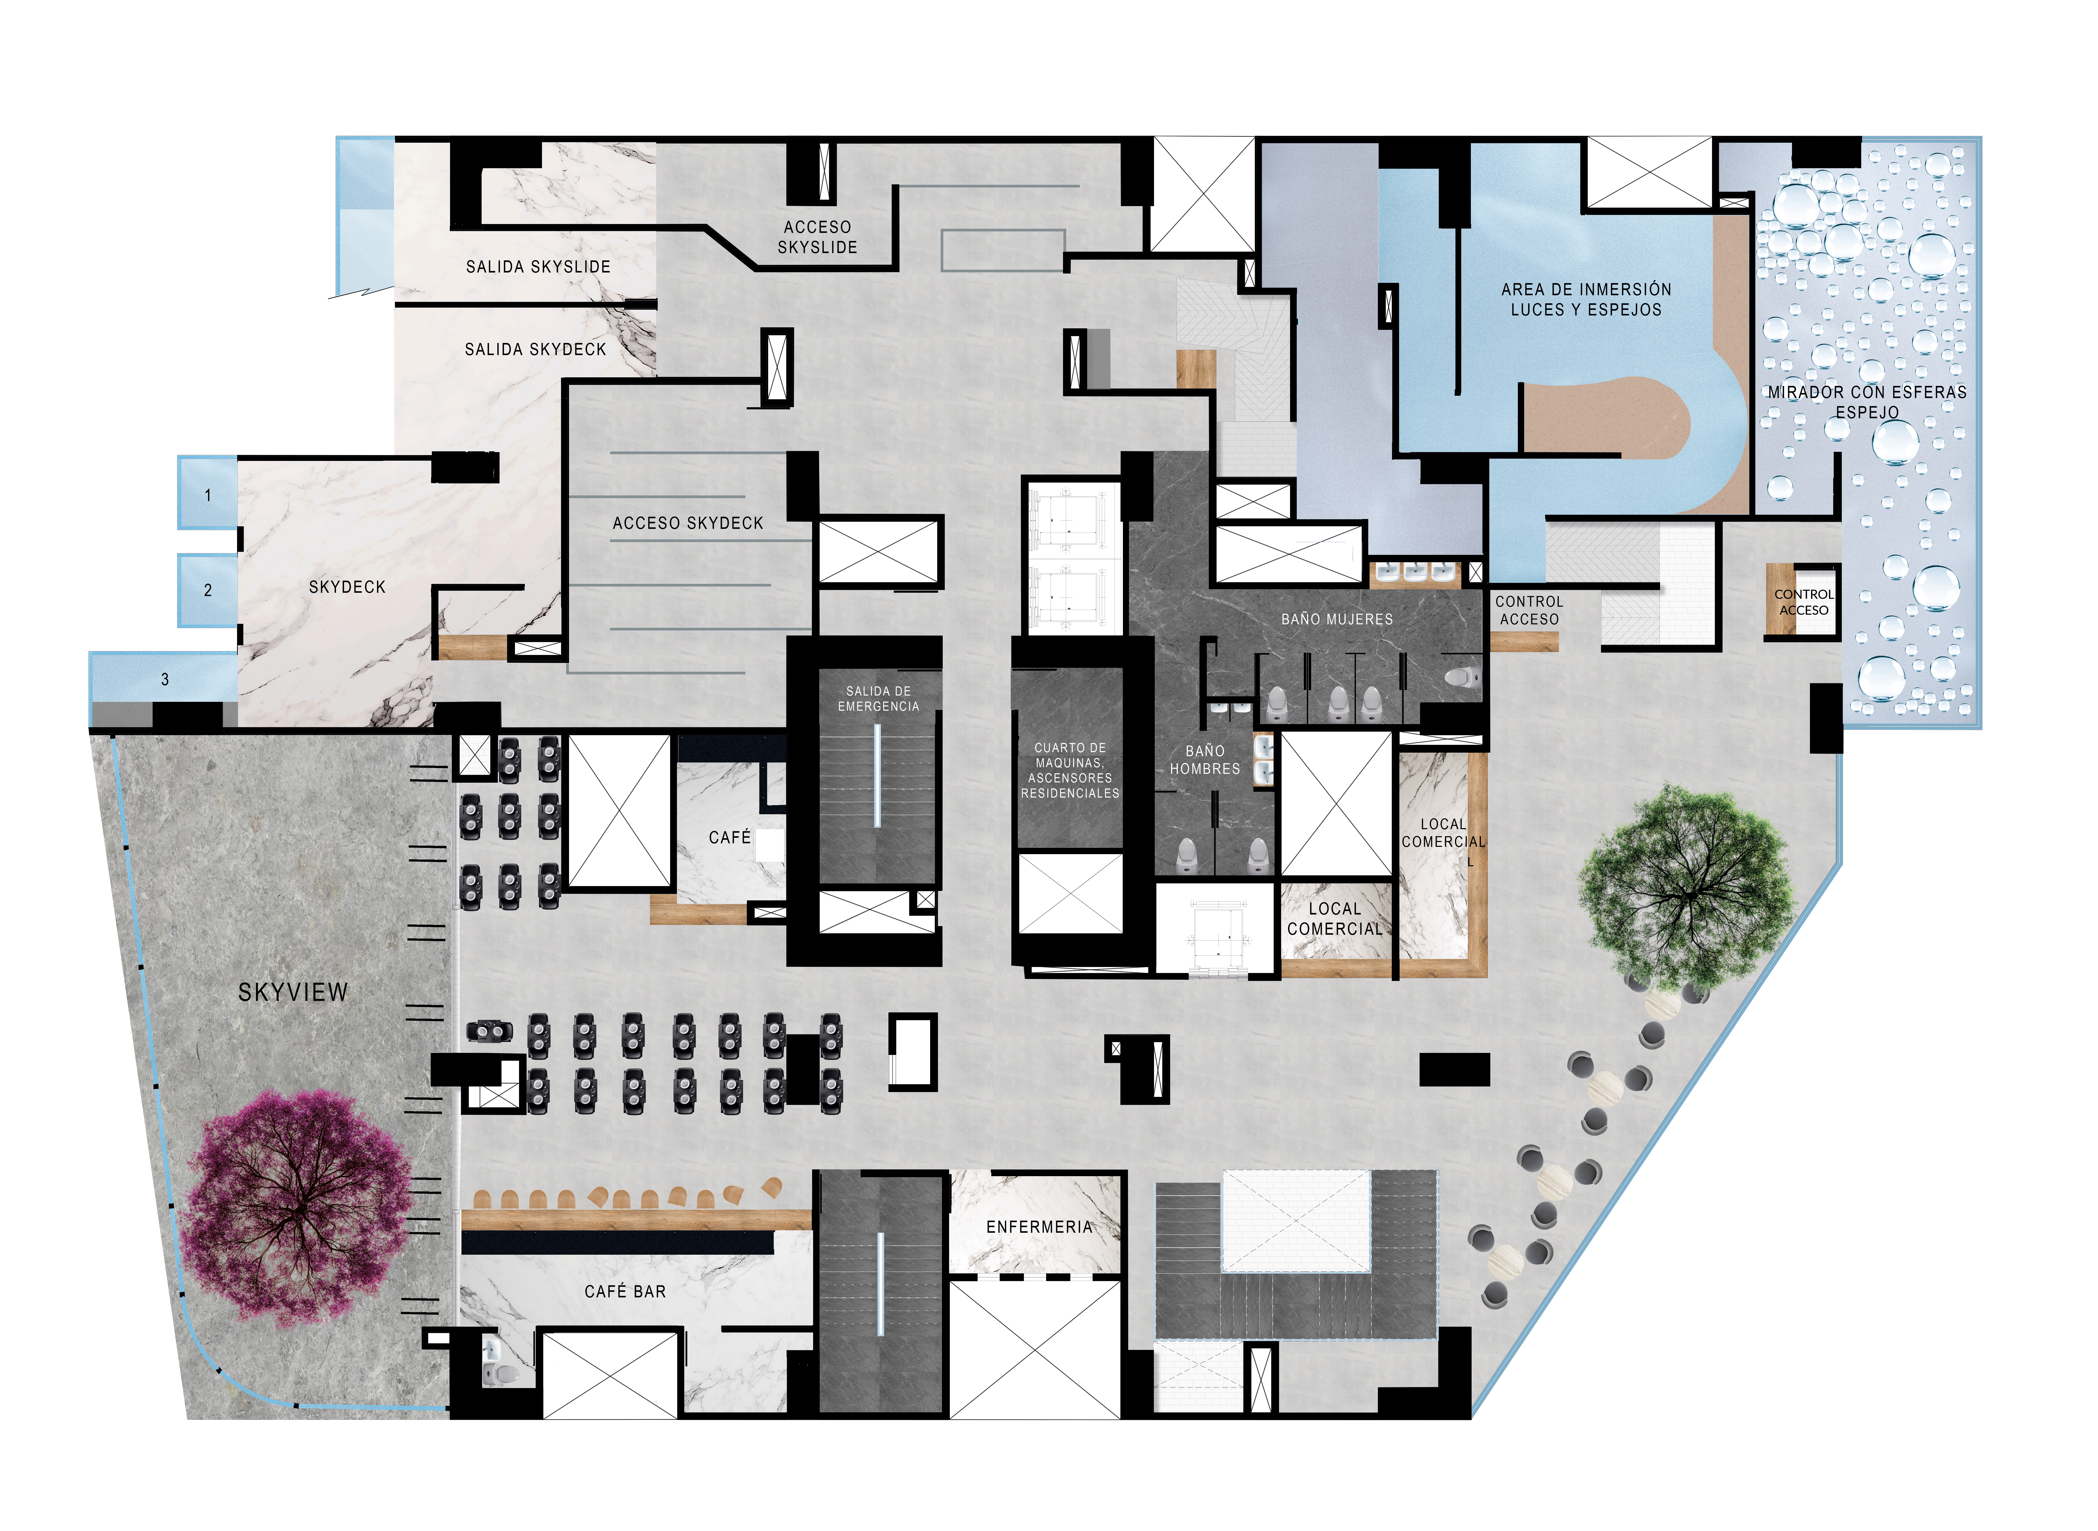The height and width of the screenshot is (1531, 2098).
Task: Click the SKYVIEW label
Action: click(x=293, y=993)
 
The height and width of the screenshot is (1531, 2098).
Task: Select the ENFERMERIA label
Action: click(x=1039, y=1227)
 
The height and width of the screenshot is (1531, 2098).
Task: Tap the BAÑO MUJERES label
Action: click(x=1337, y=619)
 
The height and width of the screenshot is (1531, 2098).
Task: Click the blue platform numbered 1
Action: click(x=208, y=493)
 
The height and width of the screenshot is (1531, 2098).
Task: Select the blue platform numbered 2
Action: click(x=208, y=590)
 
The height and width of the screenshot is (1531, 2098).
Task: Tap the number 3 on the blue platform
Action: click(x=165, y=679)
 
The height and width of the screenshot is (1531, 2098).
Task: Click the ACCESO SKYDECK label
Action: click(x=688, y=524)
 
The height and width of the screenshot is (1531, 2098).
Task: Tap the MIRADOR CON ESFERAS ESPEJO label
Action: click(x=1867, y=402)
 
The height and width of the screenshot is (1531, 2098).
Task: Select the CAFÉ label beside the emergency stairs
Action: click(x=730, y=838)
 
